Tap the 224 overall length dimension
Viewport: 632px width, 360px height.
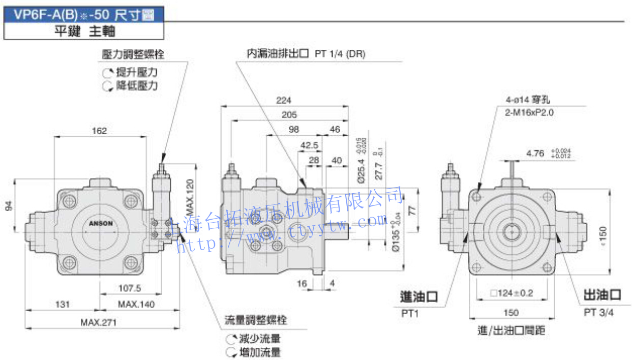pyautogui.click(x=284, y=100)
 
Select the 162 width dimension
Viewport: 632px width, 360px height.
pyautogui.click(x=100, y=131)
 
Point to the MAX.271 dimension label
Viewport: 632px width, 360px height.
pyautogui.click(x=98, y=322)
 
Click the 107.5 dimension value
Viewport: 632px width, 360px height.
pyautogui.click(x=130, y=288)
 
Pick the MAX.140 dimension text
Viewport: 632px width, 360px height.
pyautogui.click(x=136, y=304)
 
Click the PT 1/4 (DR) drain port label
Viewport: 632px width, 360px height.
pyautogui.click(x=340, y=53)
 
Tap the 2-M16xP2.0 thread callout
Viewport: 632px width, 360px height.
pyautogui.click(x=529, y=112)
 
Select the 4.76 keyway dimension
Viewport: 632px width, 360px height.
pyautogui.click(x=535, y=153)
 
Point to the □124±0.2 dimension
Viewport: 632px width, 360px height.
pyautogui.click(x=511, y=293)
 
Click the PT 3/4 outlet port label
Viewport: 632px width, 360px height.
pyautogui.click(x=598, y=312)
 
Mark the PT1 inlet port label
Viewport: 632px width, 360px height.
pyautogui.click(x=410, y=314)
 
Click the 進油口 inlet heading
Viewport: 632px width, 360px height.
pyautogui.click(x=419, y=296)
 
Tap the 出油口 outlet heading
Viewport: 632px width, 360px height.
pyautogui.click(x=603, y=295)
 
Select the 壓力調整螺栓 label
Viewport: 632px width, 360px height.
pyautogui.click(x=133, y=54)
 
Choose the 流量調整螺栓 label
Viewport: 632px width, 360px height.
pyautogui.click(x=256, y=320)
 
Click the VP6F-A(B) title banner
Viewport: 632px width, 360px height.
pyautogui.click(x=84, y=15)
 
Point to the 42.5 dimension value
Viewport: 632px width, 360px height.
pyautogui.click(x=309, y=145)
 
